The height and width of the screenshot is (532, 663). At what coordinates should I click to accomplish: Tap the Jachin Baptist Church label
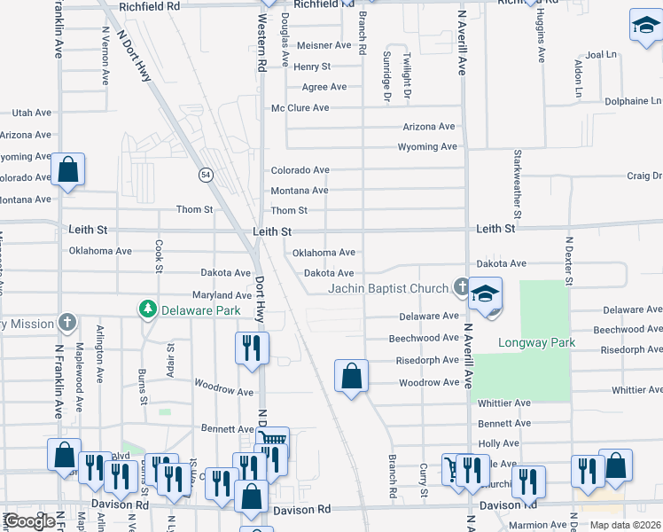pyautogui.click(x=388, y=288)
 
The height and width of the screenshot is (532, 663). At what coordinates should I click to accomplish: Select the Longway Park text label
pyautogui.click(x=536, y=342)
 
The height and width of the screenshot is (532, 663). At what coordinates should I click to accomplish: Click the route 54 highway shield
pyautogui.click(x=206, y=176)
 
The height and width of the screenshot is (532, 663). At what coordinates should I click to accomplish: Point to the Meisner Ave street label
pyautogui.click(x=324, y=45)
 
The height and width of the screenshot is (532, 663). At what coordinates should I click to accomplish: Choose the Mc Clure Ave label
pyautogui.click(x=300, y=108)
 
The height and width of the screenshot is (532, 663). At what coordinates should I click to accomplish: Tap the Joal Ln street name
pyautogui.click(x=600, y=54)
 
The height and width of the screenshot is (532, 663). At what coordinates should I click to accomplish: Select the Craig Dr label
pyautogui.click(x=644, y=176)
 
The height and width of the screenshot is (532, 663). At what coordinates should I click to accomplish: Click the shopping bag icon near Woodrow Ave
pyautogui.click(x=352, y=376)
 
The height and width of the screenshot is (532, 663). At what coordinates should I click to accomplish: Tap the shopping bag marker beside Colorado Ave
pyautogui.click(x=67, y=169)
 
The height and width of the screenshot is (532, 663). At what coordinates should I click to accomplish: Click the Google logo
pyautogui.click(x=29, y=521)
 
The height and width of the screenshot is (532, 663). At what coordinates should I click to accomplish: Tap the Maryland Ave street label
pyautogui.click(x=222, y=295)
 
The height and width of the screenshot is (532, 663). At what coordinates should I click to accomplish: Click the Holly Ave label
pyautogui.click(x=498, y=443)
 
